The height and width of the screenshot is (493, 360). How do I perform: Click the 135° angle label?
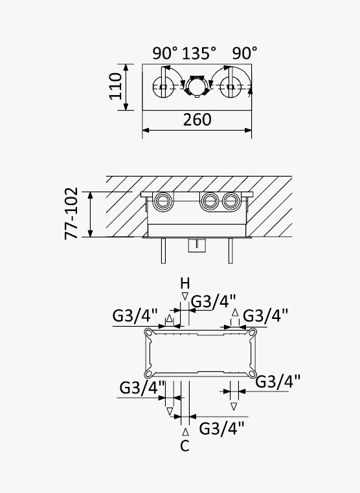tap(199, 53)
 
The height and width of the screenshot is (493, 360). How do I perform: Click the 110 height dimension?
tap(115, 86)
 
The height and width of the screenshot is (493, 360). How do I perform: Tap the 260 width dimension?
tap(197, 120)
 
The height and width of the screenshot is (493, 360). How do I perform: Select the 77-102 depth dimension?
tap(71, 213)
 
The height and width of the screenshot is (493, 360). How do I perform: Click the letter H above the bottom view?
tap(185, 283)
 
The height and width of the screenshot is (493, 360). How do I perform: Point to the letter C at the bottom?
tap(185, 446)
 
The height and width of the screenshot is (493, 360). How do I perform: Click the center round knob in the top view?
tap(197, 86)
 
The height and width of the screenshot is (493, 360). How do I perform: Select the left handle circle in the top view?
tap(163, 87)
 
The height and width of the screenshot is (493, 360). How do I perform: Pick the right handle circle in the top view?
tap(231, 87)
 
